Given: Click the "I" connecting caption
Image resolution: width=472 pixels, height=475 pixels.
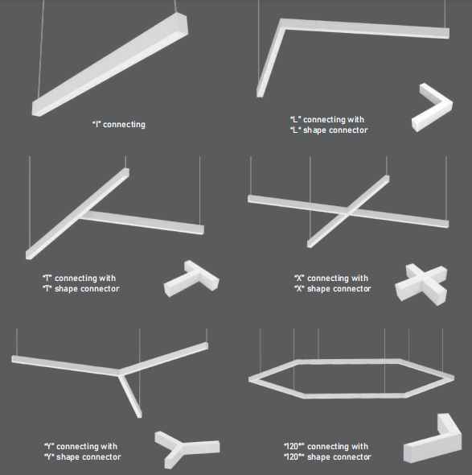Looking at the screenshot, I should (x=118, y=125).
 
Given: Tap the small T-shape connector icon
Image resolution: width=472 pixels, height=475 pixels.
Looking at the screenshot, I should (x=191, y=279).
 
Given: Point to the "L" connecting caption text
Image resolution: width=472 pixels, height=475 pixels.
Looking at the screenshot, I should (x=328, y=125).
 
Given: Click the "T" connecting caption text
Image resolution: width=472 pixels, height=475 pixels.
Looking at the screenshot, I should (x=80, y=283).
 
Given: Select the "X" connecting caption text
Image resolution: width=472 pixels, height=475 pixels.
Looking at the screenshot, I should (x=331, y=283).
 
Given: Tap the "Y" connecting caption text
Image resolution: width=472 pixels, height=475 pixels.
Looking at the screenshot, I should (x=82, y=452).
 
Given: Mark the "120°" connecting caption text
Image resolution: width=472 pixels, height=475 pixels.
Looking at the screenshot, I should (x=326, y=452).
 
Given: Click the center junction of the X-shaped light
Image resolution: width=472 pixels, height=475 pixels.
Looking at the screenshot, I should (x=347, y=211).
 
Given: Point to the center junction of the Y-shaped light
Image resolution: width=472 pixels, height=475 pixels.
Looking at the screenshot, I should (x=121, y=372).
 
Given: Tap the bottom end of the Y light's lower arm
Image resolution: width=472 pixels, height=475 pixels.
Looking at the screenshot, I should (x=139, y=412).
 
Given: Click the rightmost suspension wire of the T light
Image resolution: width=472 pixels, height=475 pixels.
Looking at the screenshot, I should (x=199, y=193).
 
